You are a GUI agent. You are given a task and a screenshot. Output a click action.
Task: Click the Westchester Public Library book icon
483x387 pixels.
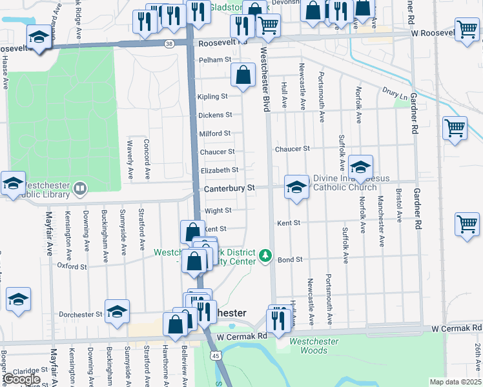tap(80, 188)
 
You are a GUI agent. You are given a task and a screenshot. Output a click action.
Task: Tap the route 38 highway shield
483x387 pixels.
tap(169, 44)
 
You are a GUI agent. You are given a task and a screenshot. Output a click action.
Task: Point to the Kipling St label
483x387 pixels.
tap(212, 97)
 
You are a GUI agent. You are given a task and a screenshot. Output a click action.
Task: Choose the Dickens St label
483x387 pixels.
tap(215, 115)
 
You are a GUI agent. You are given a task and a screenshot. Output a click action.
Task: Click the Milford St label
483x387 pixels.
tap(214, 134)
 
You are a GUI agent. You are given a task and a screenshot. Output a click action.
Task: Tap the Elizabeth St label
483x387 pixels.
tap(220, 170)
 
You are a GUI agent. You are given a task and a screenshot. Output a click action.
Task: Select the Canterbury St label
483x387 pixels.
tap(230, 188)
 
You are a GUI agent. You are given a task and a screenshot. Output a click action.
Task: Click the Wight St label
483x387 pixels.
tap(218, 211)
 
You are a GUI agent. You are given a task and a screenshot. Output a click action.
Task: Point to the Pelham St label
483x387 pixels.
tap(216, 59)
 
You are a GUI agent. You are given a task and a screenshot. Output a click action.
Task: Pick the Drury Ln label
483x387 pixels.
tap(395, 94)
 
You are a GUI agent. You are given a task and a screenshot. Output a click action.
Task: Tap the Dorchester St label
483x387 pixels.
tap(81, 315)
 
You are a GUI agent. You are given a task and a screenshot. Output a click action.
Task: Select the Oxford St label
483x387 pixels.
tap(71, 266)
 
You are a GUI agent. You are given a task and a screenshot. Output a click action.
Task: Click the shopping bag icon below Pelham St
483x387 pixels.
tap(243, 75)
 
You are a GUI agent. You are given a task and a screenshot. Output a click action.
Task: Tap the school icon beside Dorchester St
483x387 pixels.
tap(117, 311)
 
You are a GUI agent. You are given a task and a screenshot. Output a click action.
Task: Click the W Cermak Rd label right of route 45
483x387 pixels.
tap(242, 337)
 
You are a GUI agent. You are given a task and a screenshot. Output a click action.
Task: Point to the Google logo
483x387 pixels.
tap(22, 379)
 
